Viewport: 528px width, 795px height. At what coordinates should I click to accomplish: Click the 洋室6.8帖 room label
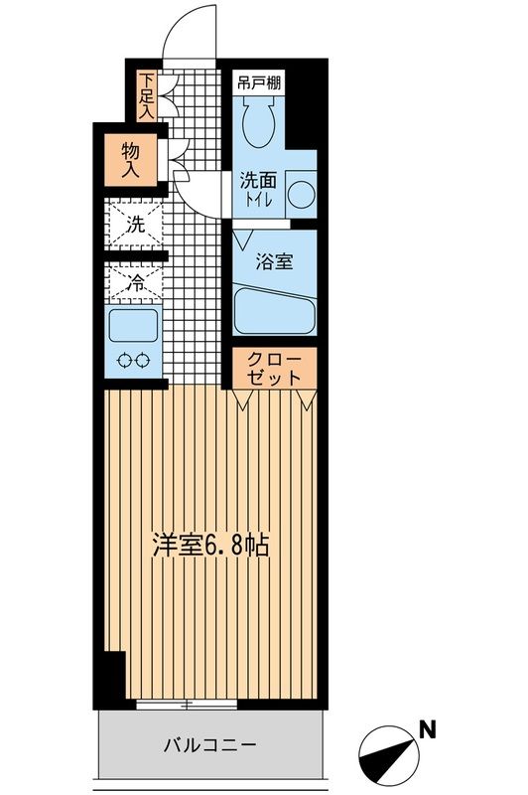point(210,546)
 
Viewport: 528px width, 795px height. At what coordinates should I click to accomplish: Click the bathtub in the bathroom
point(274,312)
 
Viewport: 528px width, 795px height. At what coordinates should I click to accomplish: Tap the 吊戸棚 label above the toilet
point(261,83)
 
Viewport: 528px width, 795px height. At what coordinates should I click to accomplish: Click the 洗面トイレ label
point(259,189)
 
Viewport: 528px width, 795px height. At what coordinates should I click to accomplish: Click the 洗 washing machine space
point(136,223)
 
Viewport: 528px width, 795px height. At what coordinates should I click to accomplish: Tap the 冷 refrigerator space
point(136,282)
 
